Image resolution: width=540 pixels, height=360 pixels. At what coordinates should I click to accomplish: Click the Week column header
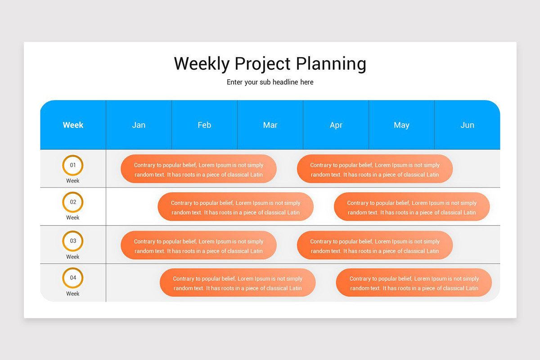pyautogui.click(x=73, y=125)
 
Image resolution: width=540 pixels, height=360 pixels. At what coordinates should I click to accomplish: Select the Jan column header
pyautogui.click(x=139, y=125)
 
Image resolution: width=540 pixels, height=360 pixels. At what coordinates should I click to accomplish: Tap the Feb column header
pyautogui.click(x=204, y=125)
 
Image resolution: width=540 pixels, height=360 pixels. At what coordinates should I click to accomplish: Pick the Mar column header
pyautogui.click(x=270, y=125)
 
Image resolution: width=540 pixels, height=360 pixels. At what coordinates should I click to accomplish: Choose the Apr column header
pyautogui.click(x=336, y=125)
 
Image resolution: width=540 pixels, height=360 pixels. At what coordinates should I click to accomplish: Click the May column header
pyautogui.click(x=401, y=125)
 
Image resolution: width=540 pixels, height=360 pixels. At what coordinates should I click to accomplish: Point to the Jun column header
pyautogui.click(x=467, y=125)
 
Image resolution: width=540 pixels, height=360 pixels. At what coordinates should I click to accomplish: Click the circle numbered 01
pyautogui.click(x=73, y=165)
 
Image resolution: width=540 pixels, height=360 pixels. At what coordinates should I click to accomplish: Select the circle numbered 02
pyautogui.click(x=73, y=202)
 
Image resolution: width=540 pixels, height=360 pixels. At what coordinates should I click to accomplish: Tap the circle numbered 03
pyautogui.click(x=73, y=241)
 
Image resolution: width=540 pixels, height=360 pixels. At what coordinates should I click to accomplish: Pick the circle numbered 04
pyautogui.click(x=73, y=278)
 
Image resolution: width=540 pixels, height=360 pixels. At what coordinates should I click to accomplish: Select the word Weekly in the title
pyautogui.click(x=202, y=64)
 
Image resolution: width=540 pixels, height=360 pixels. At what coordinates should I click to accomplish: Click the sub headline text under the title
pyautogui.click(x=270, y=82)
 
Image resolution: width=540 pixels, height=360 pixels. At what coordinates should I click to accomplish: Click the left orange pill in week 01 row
pyautogui.click(x=198, y=169)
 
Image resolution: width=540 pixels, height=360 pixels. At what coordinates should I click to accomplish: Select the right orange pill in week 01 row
pyautogui.click(x=375, y=169)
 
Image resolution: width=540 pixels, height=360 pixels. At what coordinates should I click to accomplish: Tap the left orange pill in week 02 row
pyautogui.click(x=235, y=207)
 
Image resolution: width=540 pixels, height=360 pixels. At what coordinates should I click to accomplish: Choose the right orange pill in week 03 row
pyautogui.click(x=375, y=246)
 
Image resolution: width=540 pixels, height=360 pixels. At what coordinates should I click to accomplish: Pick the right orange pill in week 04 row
pyautogui.click(x=414, y=283)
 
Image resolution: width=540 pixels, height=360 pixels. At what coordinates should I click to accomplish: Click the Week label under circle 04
pyautogui.click(x=73, y=294)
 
